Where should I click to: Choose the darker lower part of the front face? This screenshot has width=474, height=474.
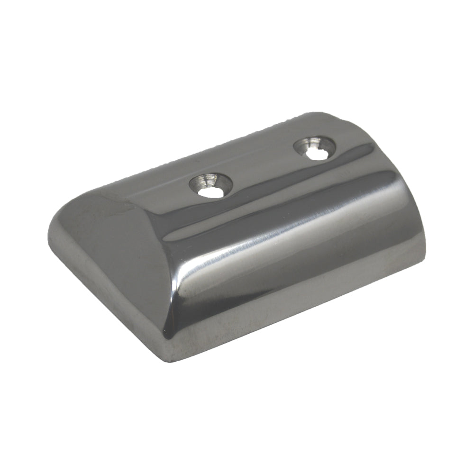294,284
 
